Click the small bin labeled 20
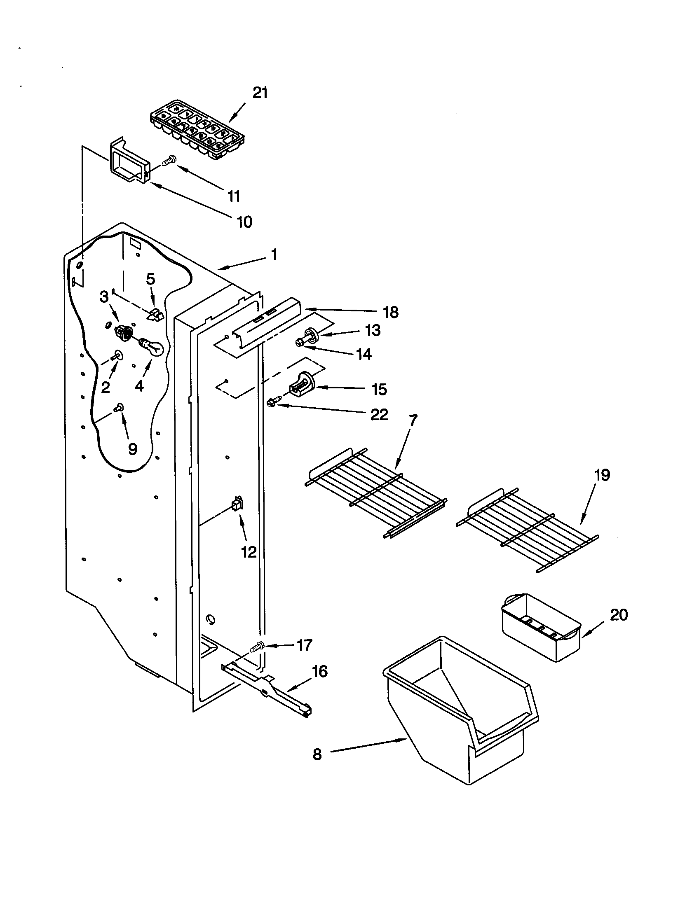(x=540, y=627)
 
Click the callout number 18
(x=391, y=312)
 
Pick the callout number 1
(x=274, y=254)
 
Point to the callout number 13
(x=372, y=330)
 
